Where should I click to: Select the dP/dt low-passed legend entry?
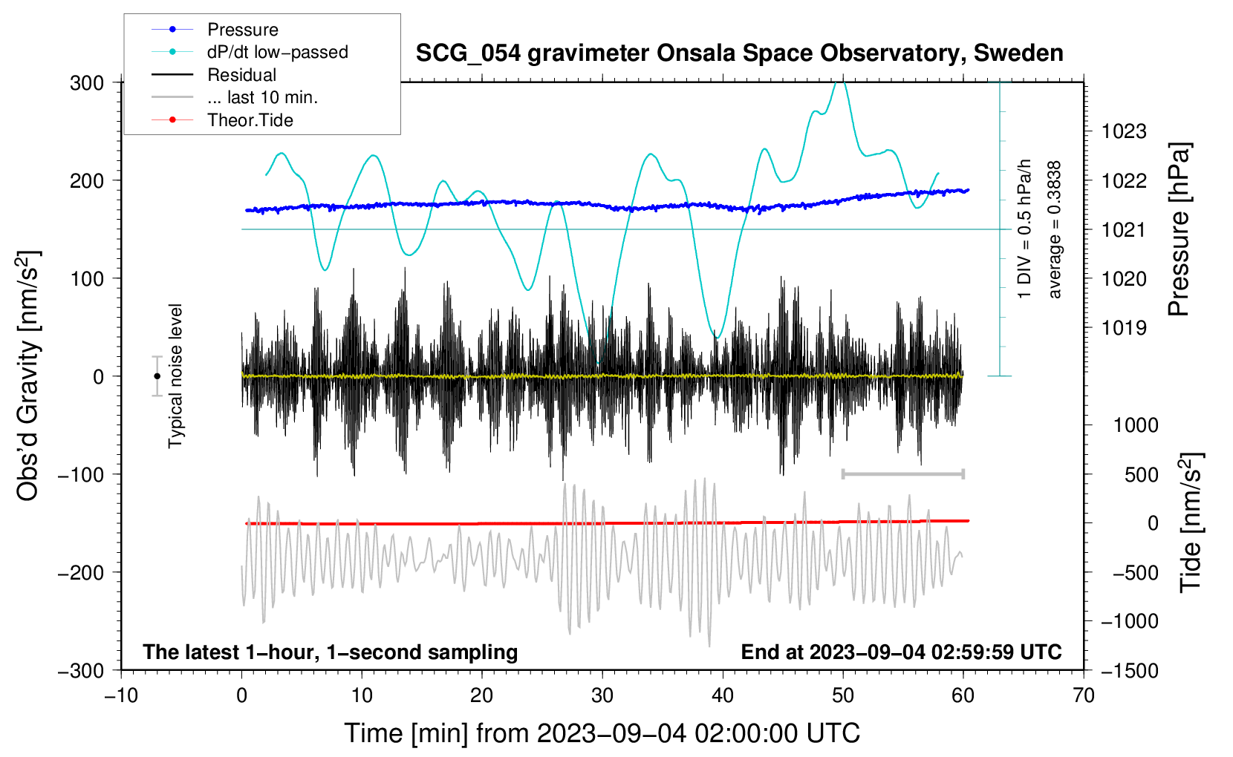pyautogui.click(x=277, y=52)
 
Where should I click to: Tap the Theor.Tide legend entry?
pyautogui.click(x=250, y=120)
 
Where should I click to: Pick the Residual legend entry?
pyautogui.click(x=241, y=75)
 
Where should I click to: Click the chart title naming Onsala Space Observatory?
pyautogui.click(x=739, y=53)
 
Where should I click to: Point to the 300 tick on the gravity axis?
pyautogui.click(x=87, y=82)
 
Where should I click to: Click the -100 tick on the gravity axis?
pyautogui.click(x=81, y=474)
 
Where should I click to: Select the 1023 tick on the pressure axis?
pyautogui.click(x=1124, y=131)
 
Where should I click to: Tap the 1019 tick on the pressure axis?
pyautogui.click(x=1124, y=327)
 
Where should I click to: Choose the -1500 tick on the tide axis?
pyautogui.click(x=1129, y=670)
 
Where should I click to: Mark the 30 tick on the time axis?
pyautogui.click(x=602, y=695)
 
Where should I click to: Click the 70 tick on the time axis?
pyautogui.click(x=1084, y=695)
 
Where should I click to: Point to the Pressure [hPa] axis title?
pyautogui.click(x=1179, y=229)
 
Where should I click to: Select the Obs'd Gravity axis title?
pyautogui.click(x=28, y=376)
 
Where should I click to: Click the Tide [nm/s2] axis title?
pyautogui.click(x=1191, y=522)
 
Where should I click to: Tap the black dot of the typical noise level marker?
pyautogui.click(x=157, y=376)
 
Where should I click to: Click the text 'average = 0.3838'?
pyautogui.click(x=1054, y=229)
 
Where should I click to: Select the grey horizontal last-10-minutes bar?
pyautogui.click(x=902, y=473)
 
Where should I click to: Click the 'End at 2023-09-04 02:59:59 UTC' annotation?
pyautogui.click(x=901, y=652)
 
